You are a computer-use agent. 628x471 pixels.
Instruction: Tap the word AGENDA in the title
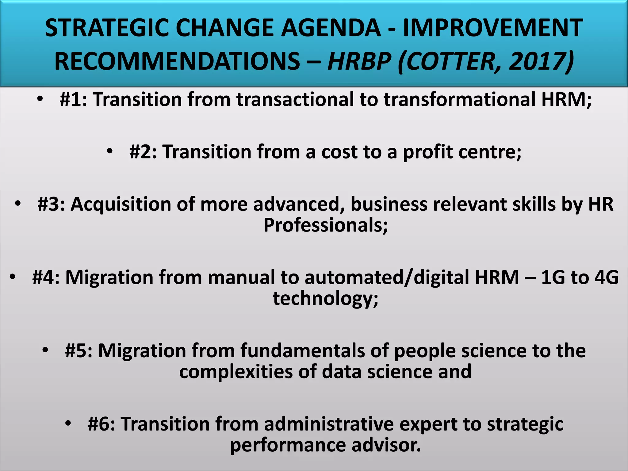331,28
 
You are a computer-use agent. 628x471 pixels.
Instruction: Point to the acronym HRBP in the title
359,61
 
